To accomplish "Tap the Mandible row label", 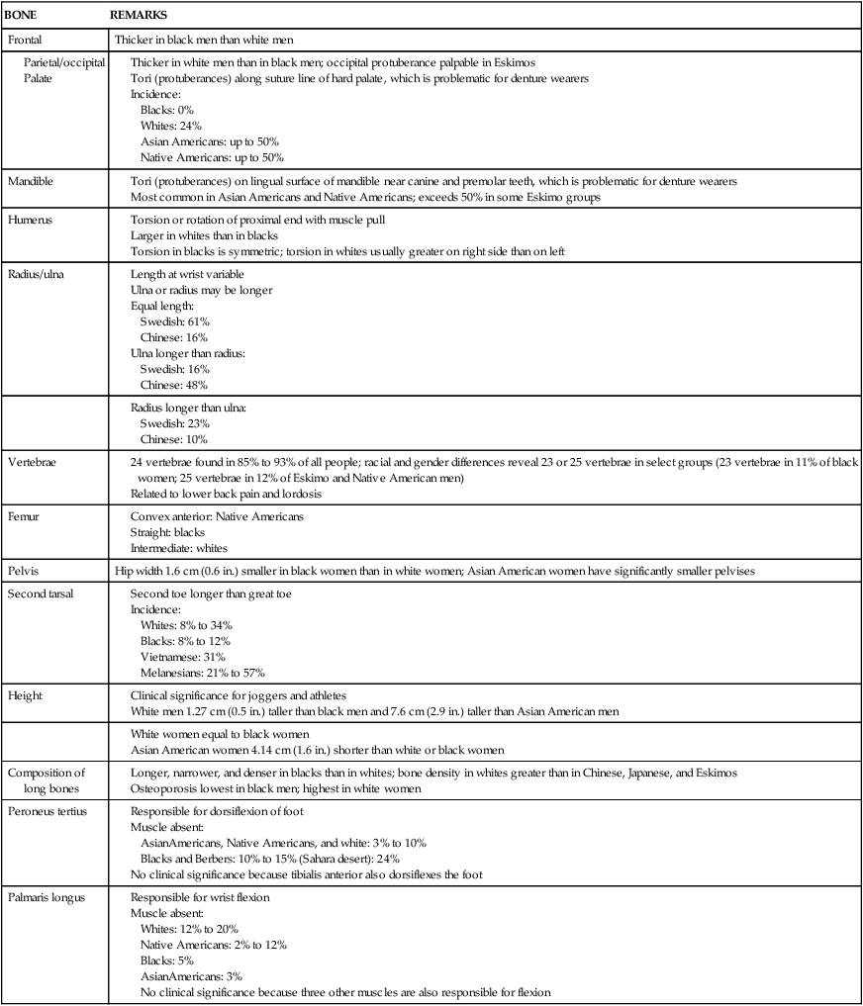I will pyautogui.click(x=31, y=182).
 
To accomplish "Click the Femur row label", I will pyautogui.click(x=24, y=516).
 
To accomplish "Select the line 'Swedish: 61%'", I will pyautogui.click(x=174, y=321).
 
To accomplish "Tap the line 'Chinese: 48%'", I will pyautogui.click(x=174, y=384).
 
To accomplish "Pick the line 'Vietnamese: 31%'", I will pyautogui.click(x=183, y=656).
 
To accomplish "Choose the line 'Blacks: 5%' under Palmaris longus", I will pyautogui.click(x=167, y=960).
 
